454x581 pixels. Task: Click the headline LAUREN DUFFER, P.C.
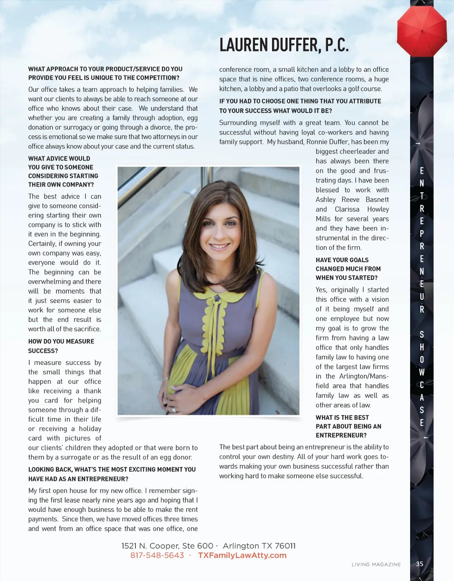tap(284, 45)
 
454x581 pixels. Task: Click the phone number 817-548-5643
tap(157, 555)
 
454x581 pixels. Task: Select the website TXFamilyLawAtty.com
tap(242, 555)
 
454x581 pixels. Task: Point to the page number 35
tap(419, 564)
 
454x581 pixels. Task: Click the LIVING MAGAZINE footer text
tap(376, 565)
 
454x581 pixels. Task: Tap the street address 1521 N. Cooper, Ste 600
tap(167, 546)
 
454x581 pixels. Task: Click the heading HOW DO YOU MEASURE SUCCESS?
tap(61, 346)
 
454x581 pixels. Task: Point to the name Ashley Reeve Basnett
tap(352, 200)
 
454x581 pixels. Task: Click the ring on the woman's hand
tap(174, 410)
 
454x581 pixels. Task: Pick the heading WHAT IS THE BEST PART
tap(348, 426)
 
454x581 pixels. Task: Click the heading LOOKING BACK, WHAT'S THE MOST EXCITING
tap(112, 474)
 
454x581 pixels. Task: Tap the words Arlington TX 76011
tap(259, 546)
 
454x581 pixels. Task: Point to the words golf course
tap(366, 89)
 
